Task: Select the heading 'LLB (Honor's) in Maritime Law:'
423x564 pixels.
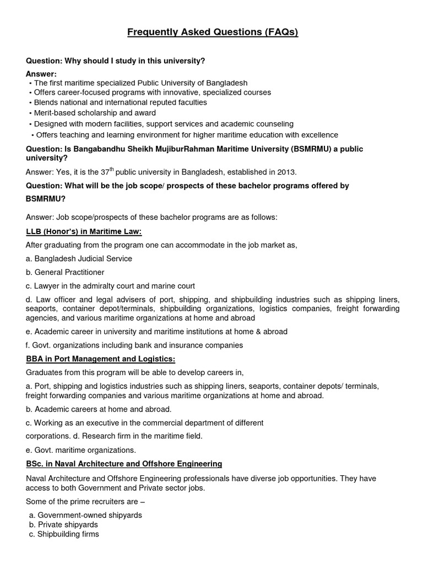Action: coord(84,231)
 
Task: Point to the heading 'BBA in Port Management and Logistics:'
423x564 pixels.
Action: coord(100,359)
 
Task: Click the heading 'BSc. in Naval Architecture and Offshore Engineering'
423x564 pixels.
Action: coord(124,464)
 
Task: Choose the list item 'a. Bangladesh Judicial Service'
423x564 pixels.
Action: coord(79,258)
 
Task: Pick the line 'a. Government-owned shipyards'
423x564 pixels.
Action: coord(86,515)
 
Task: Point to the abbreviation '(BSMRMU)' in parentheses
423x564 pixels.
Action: coord(304,149)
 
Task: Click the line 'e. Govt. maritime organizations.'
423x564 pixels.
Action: coord(80,449)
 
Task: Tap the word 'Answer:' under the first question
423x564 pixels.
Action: coord(41,74)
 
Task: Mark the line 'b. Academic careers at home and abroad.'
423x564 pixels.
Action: coord(99,409)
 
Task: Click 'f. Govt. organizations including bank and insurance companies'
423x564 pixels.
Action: coord(134,345)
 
